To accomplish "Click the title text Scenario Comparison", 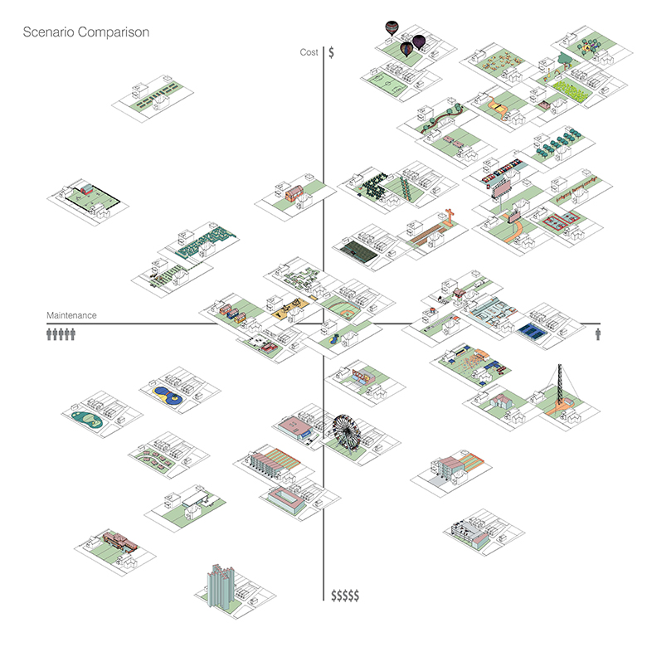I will (86, 33).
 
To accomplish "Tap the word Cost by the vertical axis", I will (309, 52).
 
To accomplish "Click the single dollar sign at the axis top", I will (332, 52).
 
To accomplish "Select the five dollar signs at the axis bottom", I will (345, 596).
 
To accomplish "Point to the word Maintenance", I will (71, 316).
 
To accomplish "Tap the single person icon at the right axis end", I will (599, 333).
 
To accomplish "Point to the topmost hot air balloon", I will (392, 28).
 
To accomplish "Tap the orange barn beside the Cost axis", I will (294, 194).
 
